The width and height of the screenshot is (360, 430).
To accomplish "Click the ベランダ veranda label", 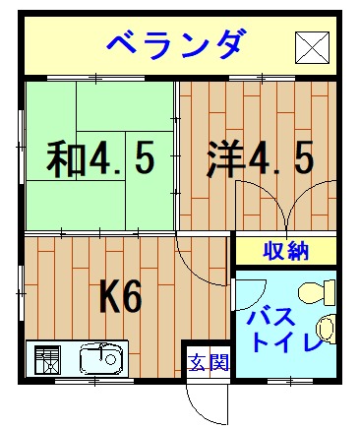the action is pyautogui.click(x=176, y=44).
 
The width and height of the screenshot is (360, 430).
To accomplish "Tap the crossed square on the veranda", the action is pyautogui.click(x=312, y=47).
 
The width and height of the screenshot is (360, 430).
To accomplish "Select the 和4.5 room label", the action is pyautogui.click(x=100, y=159).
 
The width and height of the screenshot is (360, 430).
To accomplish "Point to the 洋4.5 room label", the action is pyautogui.click(x=260, y=159).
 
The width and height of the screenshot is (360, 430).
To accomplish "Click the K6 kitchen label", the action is pyautogui.click(x=121, y=297).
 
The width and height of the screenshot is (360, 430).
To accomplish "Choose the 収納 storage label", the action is pyautogui.click(x=286, y=251).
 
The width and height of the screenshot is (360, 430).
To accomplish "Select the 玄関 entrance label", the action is pyautogui.click(x=210, y=362).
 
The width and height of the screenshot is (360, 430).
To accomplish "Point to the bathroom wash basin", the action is pyautogui.click(x=326, y=329).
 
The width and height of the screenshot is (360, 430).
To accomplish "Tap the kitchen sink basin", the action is pyautogui.click(x=101, y=358).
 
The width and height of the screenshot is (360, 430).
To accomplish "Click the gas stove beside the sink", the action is pyautogui.click(x=48, y=359).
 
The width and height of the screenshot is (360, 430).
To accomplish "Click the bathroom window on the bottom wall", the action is pyautogui.click(x=290, y=381).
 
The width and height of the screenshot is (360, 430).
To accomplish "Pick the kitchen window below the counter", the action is pyautogui.click(x=94, y=381).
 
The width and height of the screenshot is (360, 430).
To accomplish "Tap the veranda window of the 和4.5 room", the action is pyautogui.click(x=95, y=78).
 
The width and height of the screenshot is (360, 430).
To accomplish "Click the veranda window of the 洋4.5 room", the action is pyautogui.click(x=262, y=78).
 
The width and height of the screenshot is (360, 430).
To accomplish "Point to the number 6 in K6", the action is pyautogui.click(x=133, y=297).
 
